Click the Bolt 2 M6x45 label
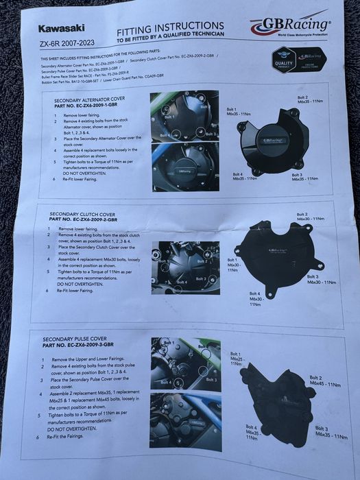point(322,381)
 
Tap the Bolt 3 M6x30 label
point(320,279)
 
